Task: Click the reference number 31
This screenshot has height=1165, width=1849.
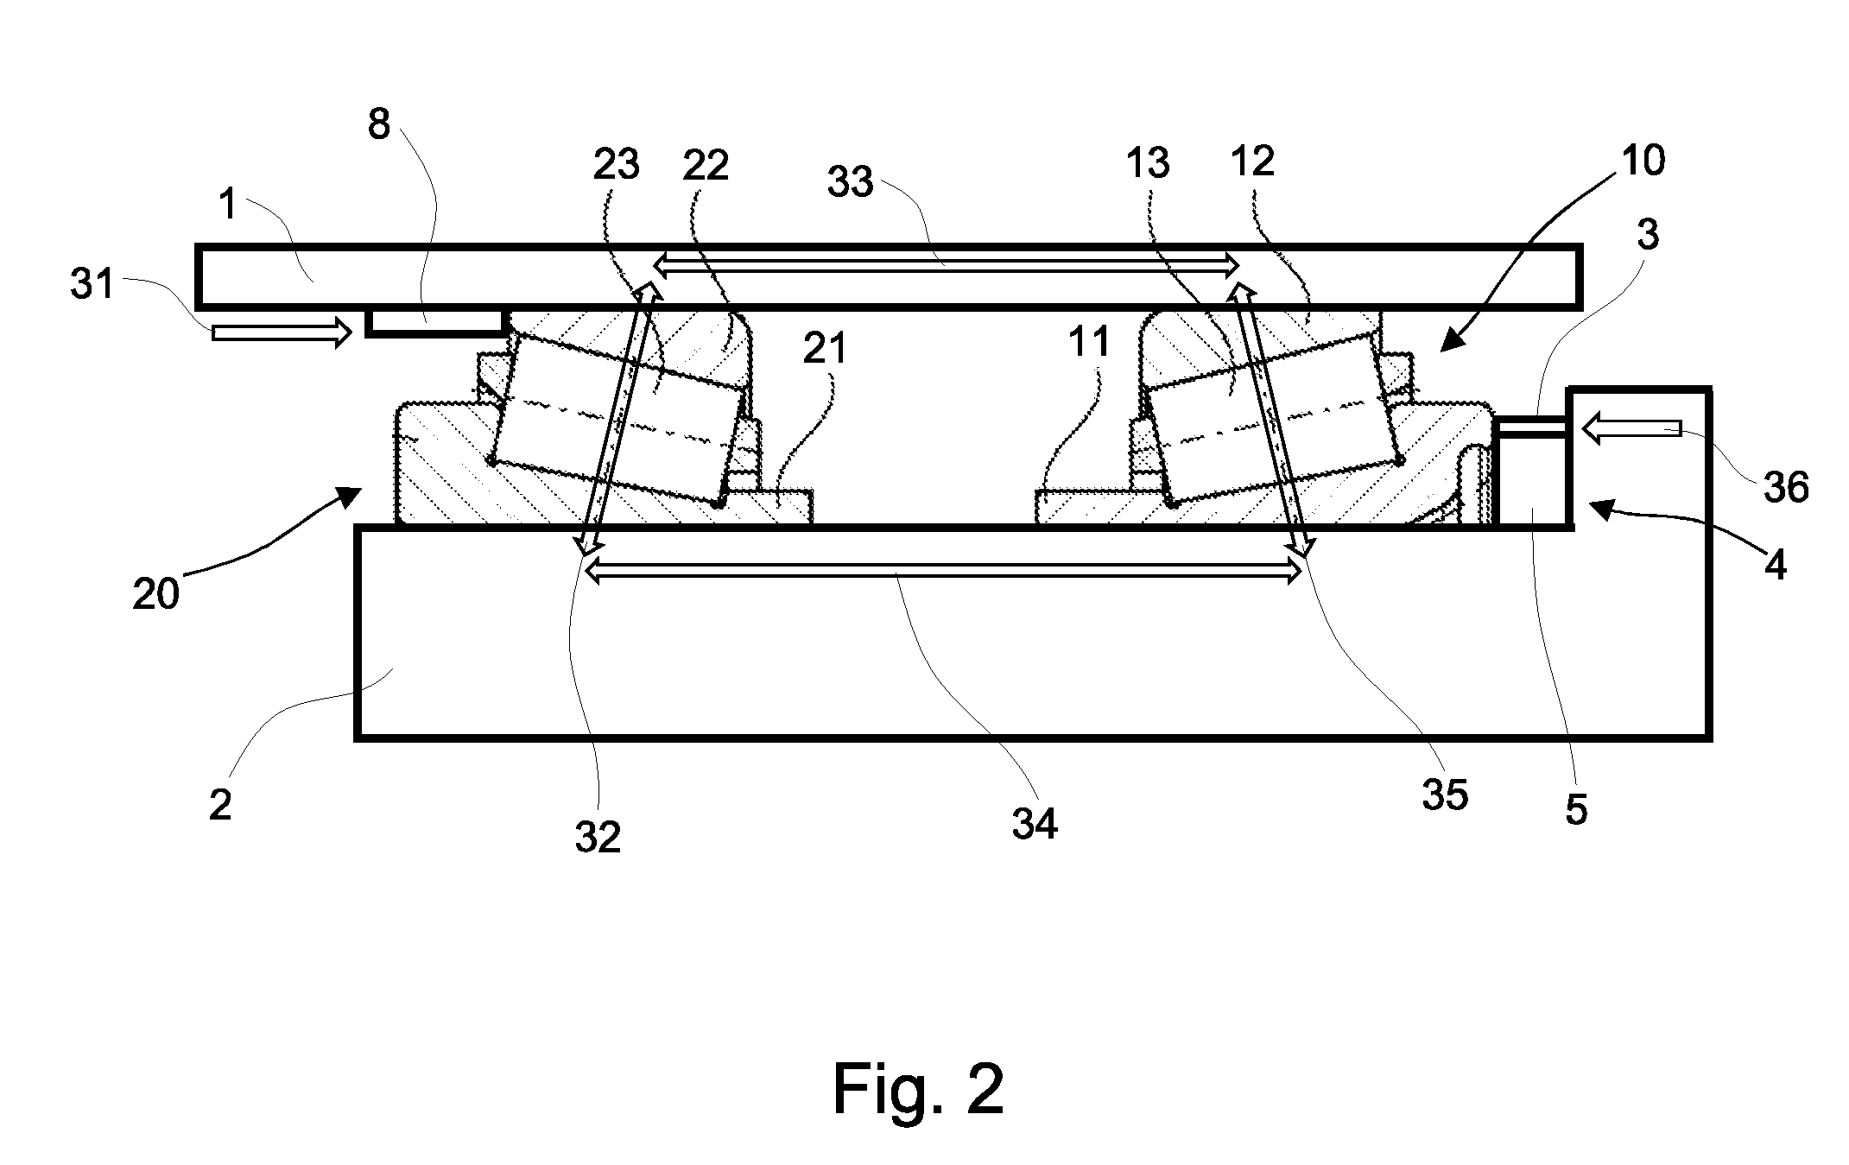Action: pos(92,283)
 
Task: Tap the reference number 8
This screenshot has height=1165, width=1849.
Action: pos(379,125)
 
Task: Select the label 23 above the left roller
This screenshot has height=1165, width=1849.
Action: pos(617,164)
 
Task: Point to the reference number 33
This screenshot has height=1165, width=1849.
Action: pos(851,182)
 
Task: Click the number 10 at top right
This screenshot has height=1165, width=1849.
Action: pos(1642,161)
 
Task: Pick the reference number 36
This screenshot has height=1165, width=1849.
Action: pos(1785,488)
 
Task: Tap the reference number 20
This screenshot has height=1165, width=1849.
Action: pos(155,595)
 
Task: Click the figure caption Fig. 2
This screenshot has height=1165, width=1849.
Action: pos(918,1090)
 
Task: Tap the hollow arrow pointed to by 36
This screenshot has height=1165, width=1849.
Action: pos(1631,427)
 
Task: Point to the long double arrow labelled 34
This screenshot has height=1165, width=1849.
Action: pos(944,570)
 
